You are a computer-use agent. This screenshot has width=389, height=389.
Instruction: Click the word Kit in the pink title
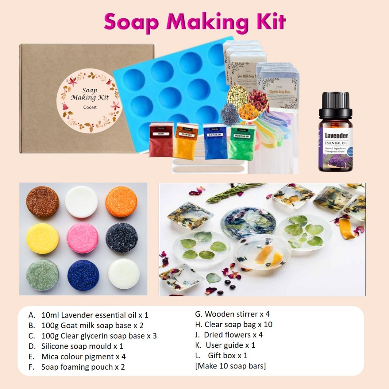(x=270, y=22)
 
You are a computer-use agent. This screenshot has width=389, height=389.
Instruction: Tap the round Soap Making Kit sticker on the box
(x=90, y=100)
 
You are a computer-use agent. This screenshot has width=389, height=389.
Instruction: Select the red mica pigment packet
(x=161, y=140)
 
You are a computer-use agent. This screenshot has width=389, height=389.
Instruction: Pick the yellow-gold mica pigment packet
(x=185, y=141)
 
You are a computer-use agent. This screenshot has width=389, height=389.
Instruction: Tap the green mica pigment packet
(x=242, y=141)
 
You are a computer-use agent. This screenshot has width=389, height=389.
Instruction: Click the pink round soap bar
(x=82, y=238)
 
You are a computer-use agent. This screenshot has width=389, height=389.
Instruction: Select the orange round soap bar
(x=121, y=202)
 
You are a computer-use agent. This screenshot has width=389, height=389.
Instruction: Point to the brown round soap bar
(x=43, y=202)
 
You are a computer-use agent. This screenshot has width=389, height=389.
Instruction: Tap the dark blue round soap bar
(x=83, y=275)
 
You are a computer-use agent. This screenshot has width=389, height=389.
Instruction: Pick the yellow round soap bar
(x=43, y=238)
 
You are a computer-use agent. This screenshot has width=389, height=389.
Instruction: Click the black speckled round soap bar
(x=122, y=238)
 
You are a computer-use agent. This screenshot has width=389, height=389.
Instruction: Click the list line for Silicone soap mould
(x=82, y=346)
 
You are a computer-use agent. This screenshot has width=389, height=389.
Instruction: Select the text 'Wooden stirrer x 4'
(x=232, y=314)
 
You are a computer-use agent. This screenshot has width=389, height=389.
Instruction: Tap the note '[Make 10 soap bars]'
(x=230, y=366)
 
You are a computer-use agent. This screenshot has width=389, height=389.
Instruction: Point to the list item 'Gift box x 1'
(x=228, y=356)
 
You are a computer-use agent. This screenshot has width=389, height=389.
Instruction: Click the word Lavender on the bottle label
(x=336, y=136)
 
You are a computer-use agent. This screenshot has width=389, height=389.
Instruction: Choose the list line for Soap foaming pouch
(x=83, y=367)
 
